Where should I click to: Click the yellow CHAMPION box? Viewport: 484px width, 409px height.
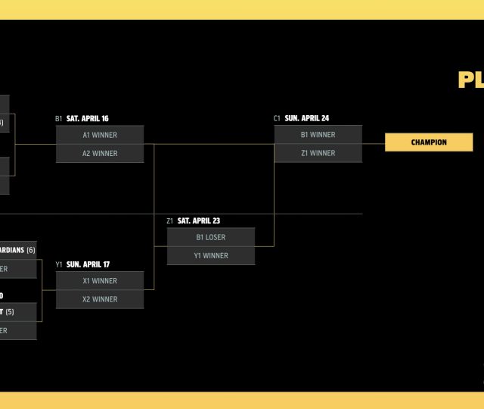click(429, 142)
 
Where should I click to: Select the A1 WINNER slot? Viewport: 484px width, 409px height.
click(100, 135)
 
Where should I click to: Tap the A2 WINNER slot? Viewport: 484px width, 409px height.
click(100, 153)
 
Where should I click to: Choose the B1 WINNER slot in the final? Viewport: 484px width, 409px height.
click(318, 135)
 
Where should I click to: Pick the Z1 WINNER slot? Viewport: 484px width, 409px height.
click(318, 153)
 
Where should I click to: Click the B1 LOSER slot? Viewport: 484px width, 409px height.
click(211, 237)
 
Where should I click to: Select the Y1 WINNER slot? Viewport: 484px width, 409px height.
click(211, 255)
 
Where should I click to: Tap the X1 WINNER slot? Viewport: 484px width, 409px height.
click(100, 281)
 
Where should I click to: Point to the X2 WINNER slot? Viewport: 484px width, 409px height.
click(100, 299)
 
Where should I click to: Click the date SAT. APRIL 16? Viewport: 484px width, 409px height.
click(88, 119)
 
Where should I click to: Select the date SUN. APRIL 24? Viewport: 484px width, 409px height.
click(306, 119)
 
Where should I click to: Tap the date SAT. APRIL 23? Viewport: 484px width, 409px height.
click(199, 221)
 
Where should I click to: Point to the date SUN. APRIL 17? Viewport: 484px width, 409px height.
click(88, 264)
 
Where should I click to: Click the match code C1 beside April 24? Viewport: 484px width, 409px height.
click(278, 119)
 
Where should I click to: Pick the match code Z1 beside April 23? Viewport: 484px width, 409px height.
click(170, 221)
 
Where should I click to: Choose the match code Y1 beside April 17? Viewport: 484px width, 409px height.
click(59, 264)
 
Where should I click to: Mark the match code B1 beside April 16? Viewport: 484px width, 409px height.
click(59, 119)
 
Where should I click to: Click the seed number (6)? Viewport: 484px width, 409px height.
click(30, 250)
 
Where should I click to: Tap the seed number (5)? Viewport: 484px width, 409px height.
click(10, 311)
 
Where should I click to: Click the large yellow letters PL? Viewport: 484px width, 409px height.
click(470, 81)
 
